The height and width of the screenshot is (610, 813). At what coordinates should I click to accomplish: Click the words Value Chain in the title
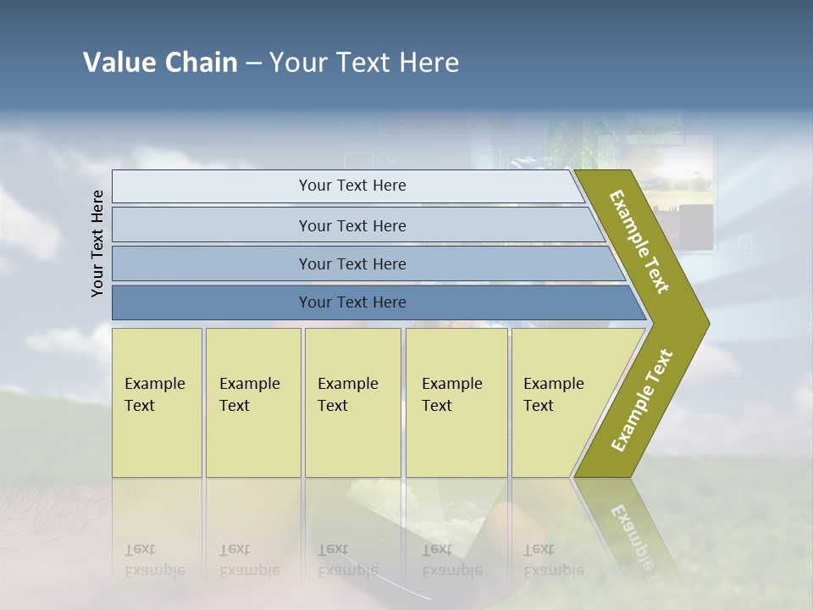click(160, 63)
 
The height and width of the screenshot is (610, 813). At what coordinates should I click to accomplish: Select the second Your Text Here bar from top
click(351, 225)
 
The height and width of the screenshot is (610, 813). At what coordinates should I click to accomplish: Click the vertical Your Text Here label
click(97, 243)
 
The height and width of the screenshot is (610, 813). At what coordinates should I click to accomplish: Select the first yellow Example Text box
click(157, 402)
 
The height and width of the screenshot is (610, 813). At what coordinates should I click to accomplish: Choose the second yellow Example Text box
click(252, 402)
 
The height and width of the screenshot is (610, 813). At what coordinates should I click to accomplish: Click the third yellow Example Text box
click(351, 402)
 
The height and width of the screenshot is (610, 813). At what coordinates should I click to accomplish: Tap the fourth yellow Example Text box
click(456, 402)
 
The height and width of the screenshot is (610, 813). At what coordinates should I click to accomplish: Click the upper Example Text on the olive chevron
click(639, 241)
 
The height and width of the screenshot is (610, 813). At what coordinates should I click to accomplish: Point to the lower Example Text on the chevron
click(642, 401)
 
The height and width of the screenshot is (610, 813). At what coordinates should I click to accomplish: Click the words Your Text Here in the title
click(364, 63)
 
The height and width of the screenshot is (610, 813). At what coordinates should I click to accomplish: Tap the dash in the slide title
click(253, 64)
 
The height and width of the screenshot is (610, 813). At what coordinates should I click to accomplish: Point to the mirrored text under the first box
click(155, 560)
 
